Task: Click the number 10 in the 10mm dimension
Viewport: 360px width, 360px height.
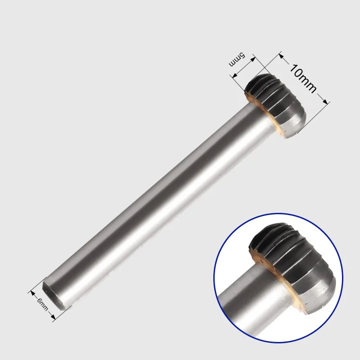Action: tap(297, 71)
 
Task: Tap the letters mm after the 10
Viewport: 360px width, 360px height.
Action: tap(308, 84)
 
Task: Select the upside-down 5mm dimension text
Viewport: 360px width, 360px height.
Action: tap(237, 60)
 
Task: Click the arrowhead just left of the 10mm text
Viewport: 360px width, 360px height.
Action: tap(282, 57)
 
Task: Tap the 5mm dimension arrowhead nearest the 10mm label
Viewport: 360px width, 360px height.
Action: tap(252, 59)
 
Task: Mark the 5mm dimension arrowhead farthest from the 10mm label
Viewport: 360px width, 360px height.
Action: tap(235, 76)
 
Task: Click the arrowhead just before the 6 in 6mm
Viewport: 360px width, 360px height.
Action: tap(32, 293)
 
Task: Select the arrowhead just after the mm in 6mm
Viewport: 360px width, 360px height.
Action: tap(53, 317)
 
